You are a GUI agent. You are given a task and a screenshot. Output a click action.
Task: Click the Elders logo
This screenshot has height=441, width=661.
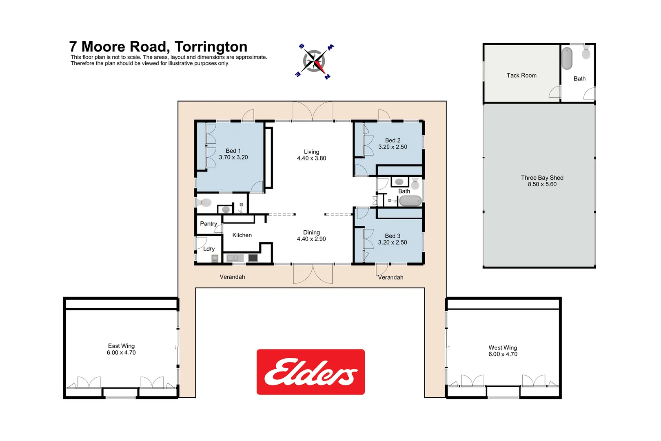[311, 372]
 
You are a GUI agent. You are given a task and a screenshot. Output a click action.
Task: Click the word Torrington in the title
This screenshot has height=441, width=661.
[211, 47]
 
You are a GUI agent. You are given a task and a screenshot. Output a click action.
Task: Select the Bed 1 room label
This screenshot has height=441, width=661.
[233, 151]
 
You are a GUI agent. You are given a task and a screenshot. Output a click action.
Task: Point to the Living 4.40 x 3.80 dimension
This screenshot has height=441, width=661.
[311, 158]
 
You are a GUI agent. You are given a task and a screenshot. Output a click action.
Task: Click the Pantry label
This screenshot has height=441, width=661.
[209, 224]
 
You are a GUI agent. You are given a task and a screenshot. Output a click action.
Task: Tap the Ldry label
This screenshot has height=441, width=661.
[209, 249]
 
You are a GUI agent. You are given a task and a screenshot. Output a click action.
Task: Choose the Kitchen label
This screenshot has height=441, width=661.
[242, 235]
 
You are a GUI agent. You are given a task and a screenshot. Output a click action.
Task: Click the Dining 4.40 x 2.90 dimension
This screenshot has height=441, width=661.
[311, 239]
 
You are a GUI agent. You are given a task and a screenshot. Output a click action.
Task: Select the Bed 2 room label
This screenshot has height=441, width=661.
[393, 140]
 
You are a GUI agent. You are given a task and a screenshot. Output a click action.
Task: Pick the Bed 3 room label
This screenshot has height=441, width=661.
[393, 236]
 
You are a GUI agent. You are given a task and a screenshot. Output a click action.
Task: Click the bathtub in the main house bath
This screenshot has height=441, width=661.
[410, 201]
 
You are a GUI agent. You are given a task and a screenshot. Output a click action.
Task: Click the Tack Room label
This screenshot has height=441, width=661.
[521, 76]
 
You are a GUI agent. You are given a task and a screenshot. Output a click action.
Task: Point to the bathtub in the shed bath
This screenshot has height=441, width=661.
[567, 58]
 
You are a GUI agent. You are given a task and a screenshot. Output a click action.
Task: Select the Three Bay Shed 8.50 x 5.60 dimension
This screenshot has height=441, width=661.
[542, 184]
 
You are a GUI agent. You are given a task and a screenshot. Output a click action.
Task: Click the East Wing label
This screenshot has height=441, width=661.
[121, 346]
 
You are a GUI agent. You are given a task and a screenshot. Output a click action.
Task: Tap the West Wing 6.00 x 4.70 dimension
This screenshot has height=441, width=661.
[503, 354]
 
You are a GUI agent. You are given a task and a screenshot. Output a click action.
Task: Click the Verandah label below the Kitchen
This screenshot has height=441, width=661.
[232, 277]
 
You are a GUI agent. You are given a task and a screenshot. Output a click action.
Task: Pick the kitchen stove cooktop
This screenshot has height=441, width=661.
[253, 258]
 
